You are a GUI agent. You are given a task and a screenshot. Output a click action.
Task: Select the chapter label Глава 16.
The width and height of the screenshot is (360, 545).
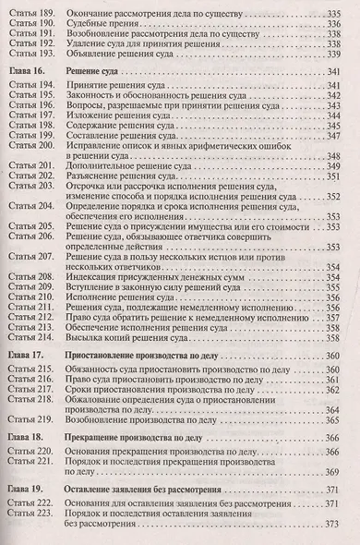pyautogui.click(x=28, y=70)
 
